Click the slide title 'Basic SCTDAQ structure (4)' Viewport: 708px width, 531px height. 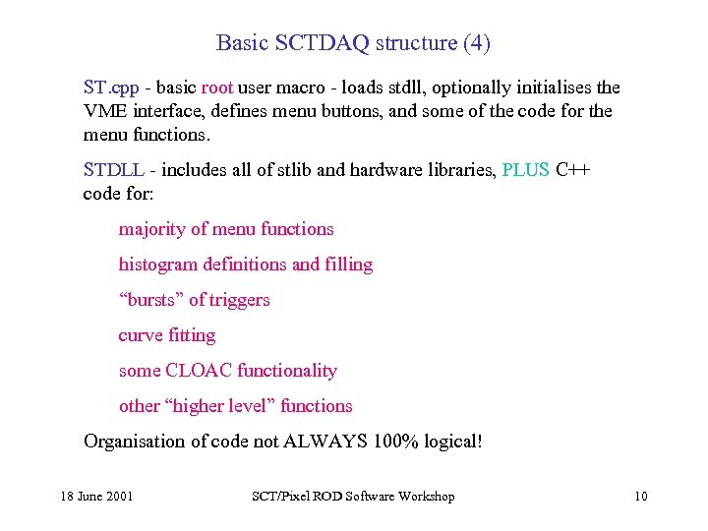point(353,43)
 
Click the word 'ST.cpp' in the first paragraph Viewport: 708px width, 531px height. point(109,88)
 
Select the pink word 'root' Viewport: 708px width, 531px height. point(217,88)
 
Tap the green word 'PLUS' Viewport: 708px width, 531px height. point(526,169)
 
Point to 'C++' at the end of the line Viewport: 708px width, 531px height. point(573,169)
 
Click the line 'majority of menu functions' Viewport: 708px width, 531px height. point(226,229)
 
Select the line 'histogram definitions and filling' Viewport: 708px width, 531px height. point(246,265)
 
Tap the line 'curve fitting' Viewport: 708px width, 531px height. point(167,335)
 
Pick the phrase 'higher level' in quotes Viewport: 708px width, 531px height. point(229,406)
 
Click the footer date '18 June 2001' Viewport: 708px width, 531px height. point(94,497)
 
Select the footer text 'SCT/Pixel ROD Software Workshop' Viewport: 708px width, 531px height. point(353,497)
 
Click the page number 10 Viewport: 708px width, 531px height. point(641,497)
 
